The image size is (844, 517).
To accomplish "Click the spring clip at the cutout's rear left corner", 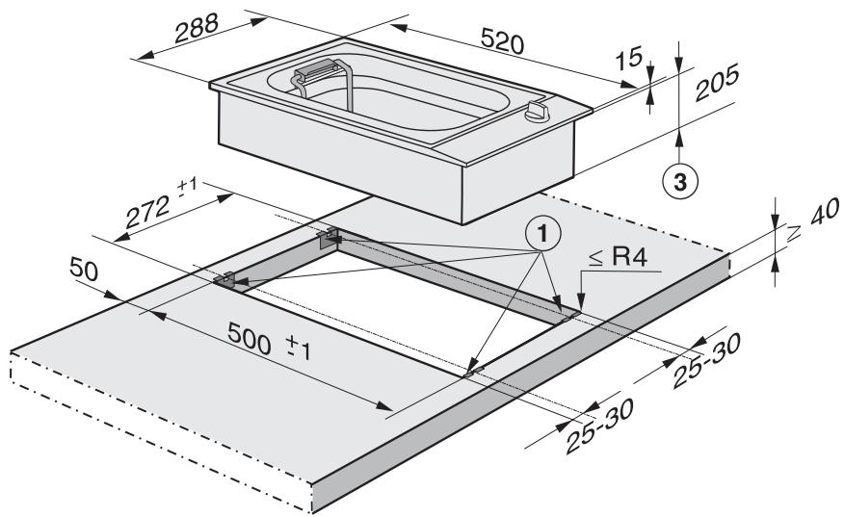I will coord(329,233).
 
